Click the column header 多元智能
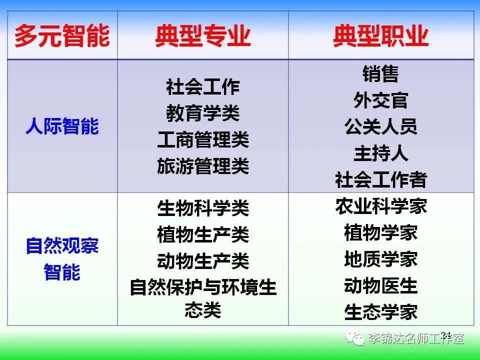click(62, 36)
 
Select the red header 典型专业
click(203, 36)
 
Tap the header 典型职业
click(381, 36)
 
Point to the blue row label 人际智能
click(62, 126)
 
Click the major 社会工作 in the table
click(203, 86)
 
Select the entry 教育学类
click(203, 113)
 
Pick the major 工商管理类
click(203, 139)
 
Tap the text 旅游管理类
click(203, 166)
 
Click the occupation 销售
click(381, 73)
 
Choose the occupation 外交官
click(381, 100)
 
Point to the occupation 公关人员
click(381, 126)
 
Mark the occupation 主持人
click(381, 153)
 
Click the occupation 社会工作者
click(381, 179)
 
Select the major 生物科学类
click(203, 208)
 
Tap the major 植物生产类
click(203, 234)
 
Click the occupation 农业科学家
click(381, 206)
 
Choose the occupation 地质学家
click(381, 259)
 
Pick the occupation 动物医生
click(381, 285)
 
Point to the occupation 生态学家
click(381, 312)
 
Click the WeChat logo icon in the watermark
click(355, 338)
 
